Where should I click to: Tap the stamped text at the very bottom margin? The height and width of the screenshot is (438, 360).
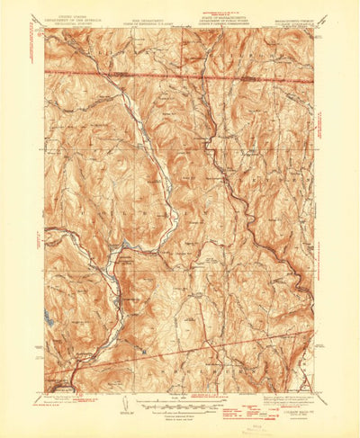(190, 429)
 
